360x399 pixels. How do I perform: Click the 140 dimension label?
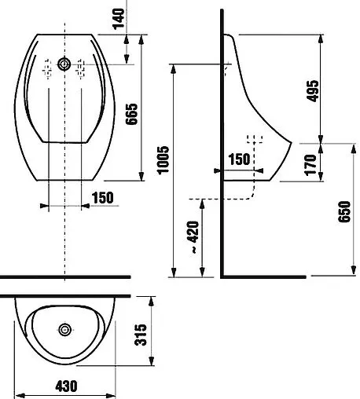point(119,19)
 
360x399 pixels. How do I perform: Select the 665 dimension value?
point(131,114)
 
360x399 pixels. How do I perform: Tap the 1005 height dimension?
point(163,159)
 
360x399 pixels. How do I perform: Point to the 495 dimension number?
point(313,91)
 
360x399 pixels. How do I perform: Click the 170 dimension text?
point(310,165)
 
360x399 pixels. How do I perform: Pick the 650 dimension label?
point(344,211)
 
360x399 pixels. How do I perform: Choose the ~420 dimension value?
point(193,237)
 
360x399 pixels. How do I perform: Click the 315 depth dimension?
point(141,335)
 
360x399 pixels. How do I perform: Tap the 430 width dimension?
point(66,386)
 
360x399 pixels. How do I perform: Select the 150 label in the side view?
point(239,159)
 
